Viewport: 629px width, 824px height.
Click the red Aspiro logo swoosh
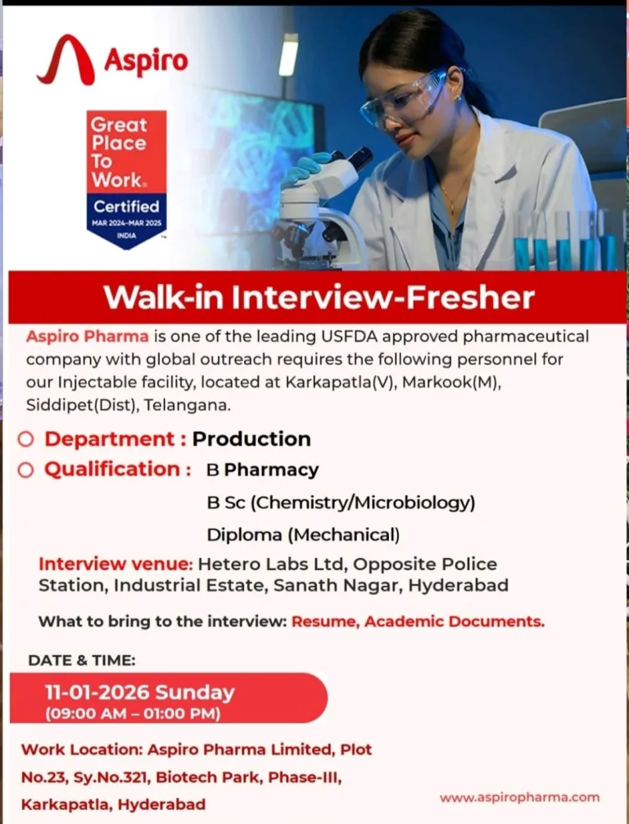pyautogui.click(x=66, y=60)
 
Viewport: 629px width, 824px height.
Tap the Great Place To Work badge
pyautogui.click(x=127, y=179)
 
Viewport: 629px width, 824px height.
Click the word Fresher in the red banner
pyautogui.click(x=471, y=297)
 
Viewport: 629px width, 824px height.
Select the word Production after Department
pyautogui.click(x=251, y=439)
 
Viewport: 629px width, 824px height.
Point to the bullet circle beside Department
pyautogui.click(x=25, y=439)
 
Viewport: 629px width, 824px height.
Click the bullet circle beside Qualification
pyautogui.click(x=25, y=470)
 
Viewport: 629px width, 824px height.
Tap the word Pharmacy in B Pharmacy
pyautogui.click(x=271, y=471)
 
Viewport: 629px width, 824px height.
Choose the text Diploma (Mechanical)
pyautogui.click(x=303, y=535)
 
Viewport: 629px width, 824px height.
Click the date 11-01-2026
pyautogui.click(x=97, y=692)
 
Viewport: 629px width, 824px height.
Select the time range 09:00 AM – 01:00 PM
pyautogui.click(x=133, y=714)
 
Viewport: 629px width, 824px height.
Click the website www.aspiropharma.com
pyautogui.click(x=519, y=797)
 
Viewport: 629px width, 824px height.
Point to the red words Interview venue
pyautogui.click(x=115, y=564)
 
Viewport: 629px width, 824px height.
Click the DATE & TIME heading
pyautogui.click(x=82, y=660)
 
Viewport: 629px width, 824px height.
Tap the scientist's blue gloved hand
pyautogui.click(x=304, y=169)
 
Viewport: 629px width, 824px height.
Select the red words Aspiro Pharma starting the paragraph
pyautogui.click(x=88, y=336)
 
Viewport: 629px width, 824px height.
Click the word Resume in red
pyautogui.click(x=325, y=622)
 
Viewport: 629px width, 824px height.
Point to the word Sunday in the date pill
pyautogui.click(x=195, y=692)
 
